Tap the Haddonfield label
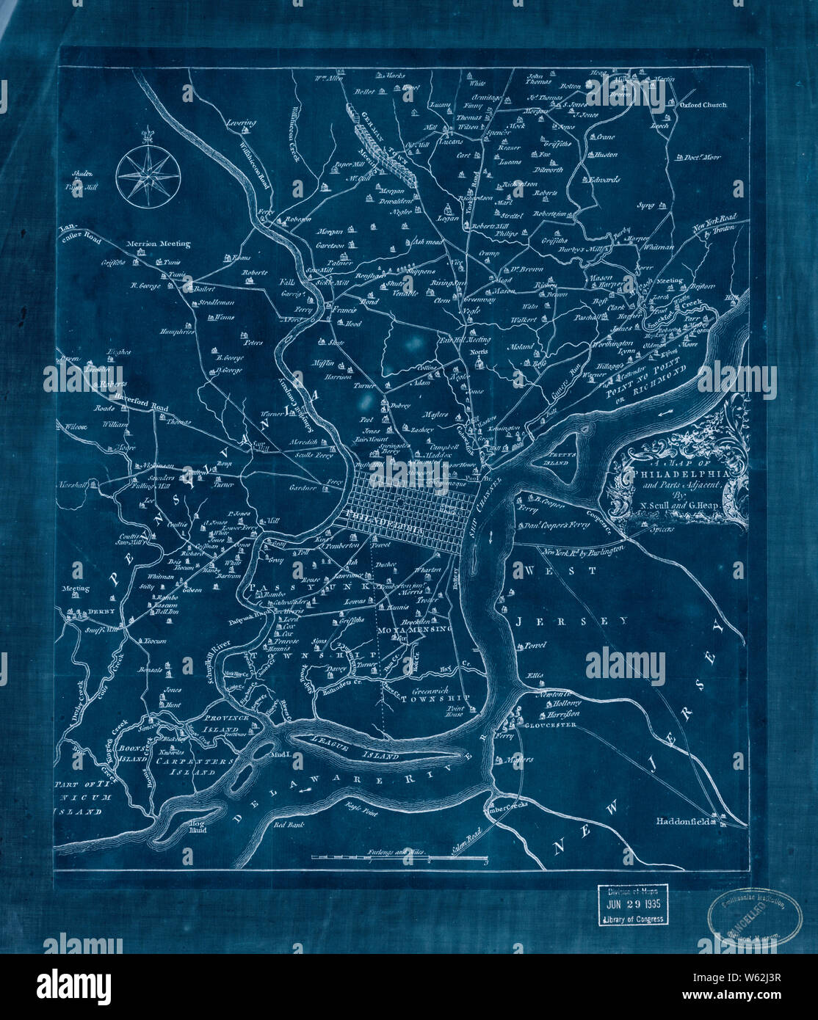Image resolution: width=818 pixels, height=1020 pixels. tap(682, 822)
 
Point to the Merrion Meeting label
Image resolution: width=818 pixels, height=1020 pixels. tap(157, 244)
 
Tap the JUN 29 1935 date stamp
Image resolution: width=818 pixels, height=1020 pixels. tap(631, 904)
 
